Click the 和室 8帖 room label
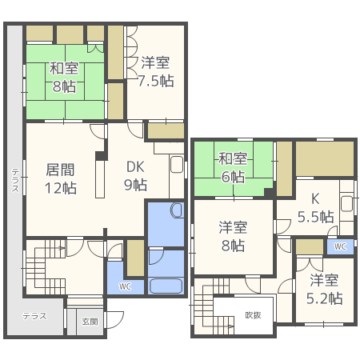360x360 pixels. (x=64, y=78)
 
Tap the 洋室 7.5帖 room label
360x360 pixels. (x=156, y=72)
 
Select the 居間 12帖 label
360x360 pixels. (x=61, y=178)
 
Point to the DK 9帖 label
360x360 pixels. (x=135, y=176)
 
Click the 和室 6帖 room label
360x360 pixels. (x=233, y=167)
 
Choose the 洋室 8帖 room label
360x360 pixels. (x=233, y=236)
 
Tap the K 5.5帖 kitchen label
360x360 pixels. (x=316, y=208)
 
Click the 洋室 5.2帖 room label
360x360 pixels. (x=324, y=290)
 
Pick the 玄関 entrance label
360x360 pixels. (x=90, y=322)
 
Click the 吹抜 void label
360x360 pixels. (x=253, y=315)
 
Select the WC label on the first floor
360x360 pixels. (x=125, y=286)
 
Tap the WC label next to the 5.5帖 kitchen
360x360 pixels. (x=340, y=246)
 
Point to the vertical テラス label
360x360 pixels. (x=15, y=180)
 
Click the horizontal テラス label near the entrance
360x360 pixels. (x=34, y=316)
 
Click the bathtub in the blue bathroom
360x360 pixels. (x=166, y=286)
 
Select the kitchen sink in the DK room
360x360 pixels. (x=177, y=165)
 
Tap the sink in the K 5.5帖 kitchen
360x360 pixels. (x=347, y=203)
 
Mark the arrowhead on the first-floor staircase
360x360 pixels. (x=63, y=248)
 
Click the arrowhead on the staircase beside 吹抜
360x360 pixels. (x=232, y=326)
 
